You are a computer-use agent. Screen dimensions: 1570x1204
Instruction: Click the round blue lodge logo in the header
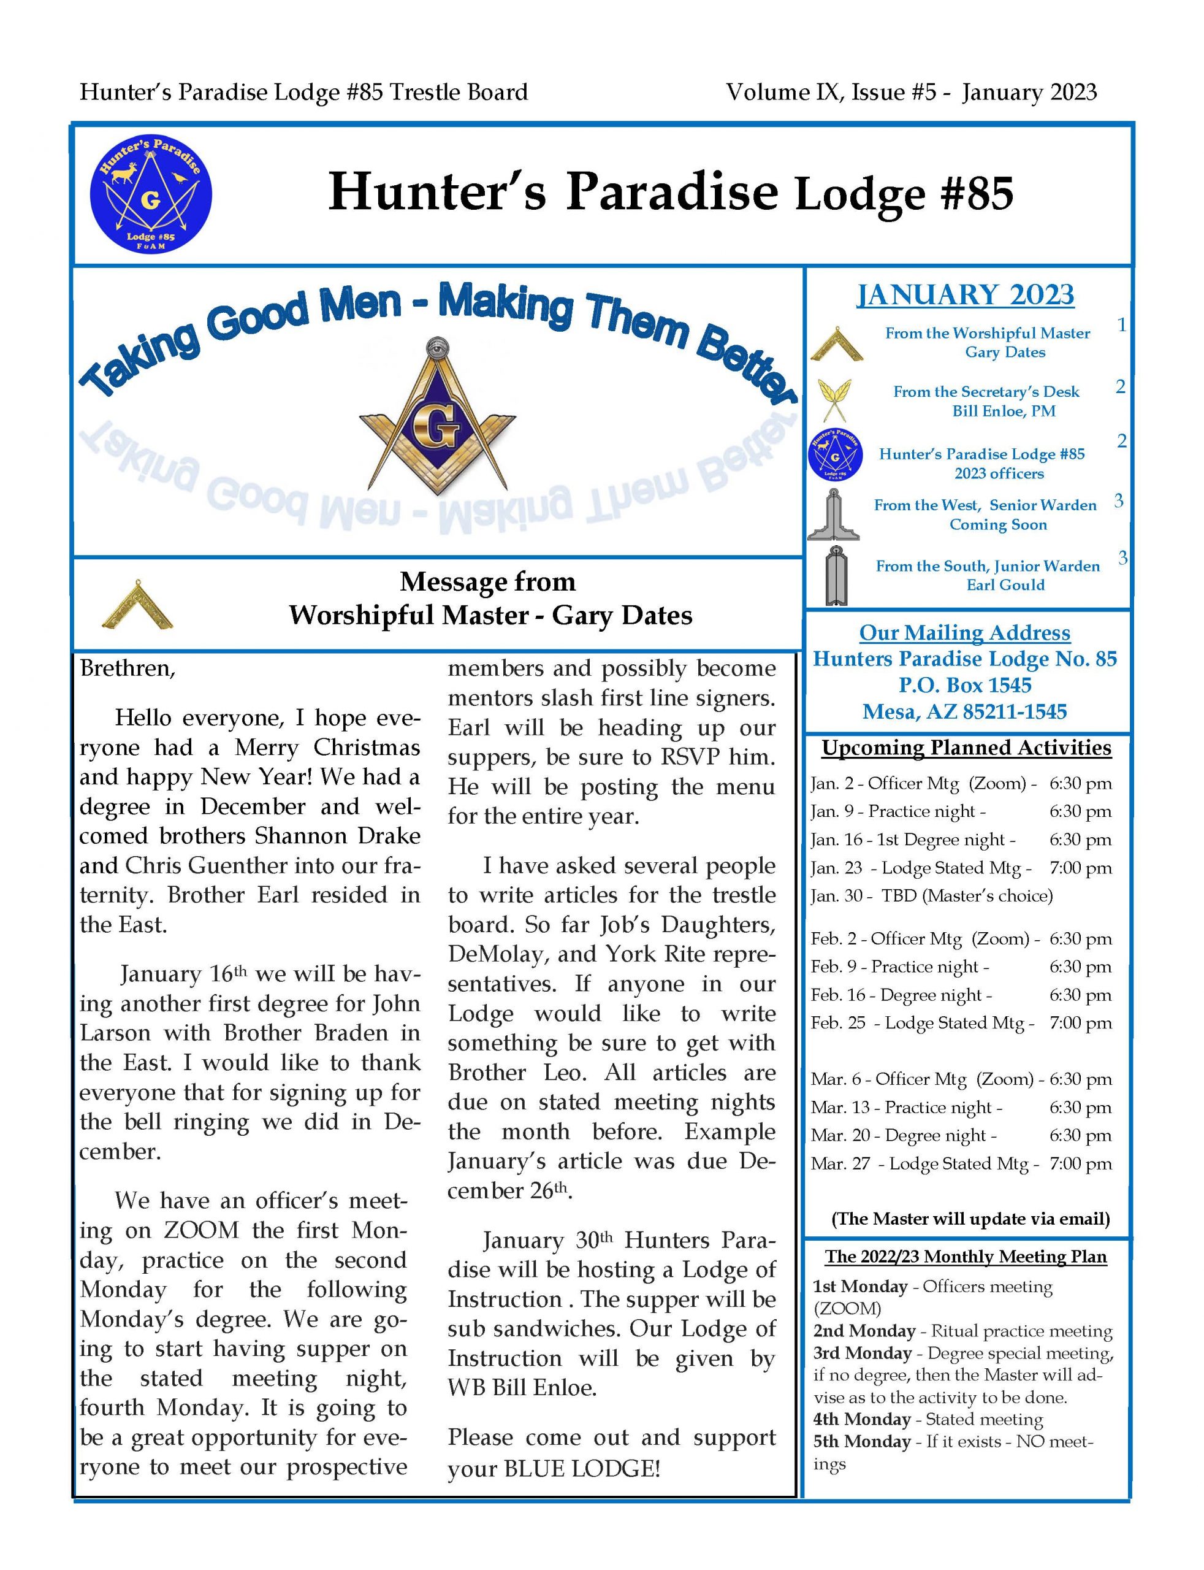tap(151, 195)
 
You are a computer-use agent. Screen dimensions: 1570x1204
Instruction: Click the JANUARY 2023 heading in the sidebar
tap(966, 296)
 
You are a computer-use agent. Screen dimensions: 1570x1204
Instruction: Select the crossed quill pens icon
tap(834, 400)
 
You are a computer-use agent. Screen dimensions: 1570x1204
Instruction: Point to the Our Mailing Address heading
tap(965, 633)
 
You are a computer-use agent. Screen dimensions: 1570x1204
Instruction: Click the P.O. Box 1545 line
tap(965, 686)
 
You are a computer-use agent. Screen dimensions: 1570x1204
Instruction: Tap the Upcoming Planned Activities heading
tap(966, 748)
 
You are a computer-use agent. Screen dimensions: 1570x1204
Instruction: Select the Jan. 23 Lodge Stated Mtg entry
tap(921, 868)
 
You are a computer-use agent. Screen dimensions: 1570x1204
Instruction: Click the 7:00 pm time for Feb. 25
tap(1080, 1023)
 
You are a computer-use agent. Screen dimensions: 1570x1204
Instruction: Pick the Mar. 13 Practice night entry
tap(907, 1108)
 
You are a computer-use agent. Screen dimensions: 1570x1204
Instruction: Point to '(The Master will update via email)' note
tap(970, 1219)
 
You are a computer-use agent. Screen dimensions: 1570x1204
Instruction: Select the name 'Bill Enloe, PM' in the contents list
tap(1004, 411)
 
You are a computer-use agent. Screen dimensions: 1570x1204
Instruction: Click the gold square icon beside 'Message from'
tap(137, 604)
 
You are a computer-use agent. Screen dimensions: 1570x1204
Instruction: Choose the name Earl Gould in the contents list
tap(1005, 585)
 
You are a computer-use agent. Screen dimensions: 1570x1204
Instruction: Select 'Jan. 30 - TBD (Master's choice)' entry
tap(932, 896)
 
